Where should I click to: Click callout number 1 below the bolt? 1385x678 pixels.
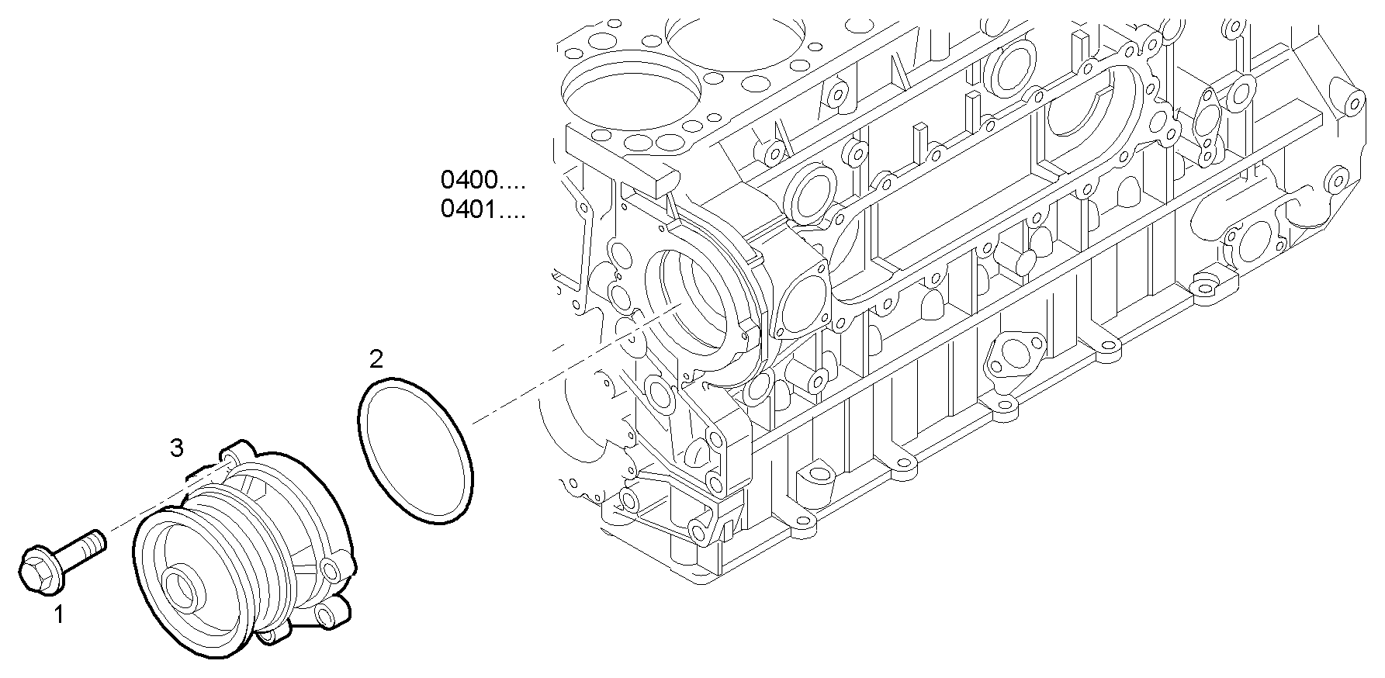(59, 615)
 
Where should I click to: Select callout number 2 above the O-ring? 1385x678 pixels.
(376, 359)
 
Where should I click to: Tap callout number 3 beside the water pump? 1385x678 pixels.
(177, 447)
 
